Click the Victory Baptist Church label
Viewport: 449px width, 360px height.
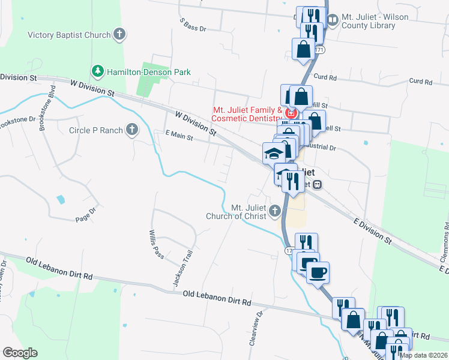click(x=69, y=35)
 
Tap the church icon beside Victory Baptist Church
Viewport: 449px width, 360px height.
click(x=119, y=34)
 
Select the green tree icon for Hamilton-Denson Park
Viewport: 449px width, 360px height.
click(x=97, y=71)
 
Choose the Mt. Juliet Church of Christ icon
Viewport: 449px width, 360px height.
click(x=275, y=210)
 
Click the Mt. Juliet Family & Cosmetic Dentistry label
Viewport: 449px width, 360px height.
click(x=248, y=114)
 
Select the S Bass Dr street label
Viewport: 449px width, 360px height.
click(x=193, y=25)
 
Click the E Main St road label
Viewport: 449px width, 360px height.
click(x=179, y=137)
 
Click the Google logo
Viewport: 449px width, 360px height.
click(x=20, y=353)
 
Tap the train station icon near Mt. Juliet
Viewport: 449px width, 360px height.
click(x=318, y=184)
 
